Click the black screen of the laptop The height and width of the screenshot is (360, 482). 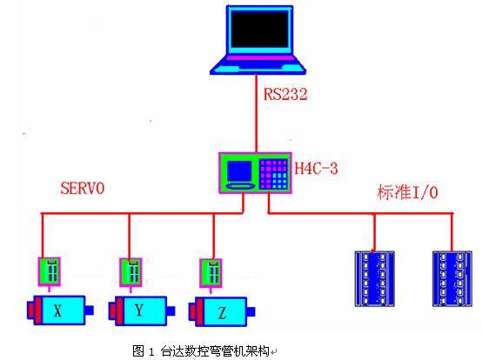point(260,30)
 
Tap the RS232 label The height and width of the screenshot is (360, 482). point(285,94)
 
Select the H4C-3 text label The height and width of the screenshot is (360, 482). point(316,169)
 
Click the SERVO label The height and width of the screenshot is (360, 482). point(83,188)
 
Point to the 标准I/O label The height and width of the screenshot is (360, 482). point(407,192)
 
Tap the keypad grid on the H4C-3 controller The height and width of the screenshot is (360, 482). point(273,174)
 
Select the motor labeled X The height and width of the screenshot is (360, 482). point(60,310)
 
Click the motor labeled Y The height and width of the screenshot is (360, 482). point(142,310)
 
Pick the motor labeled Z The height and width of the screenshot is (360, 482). point(222,312)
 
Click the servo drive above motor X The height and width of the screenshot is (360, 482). point(50,271)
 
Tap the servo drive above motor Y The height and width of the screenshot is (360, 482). point(131,272)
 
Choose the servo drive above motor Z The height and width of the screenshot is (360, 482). point(211,273)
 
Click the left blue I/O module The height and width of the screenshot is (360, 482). point(375,278)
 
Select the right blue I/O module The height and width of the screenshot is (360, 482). point(452,278)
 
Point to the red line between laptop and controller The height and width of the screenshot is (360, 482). point(256,113)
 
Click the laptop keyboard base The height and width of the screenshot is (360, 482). point(258,65)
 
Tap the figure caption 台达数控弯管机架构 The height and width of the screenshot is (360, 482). point(215,350)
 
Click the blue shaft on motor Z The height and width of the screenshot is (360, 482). point(251,312)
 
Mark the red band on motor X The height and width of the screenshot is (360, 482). point(38,310)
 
